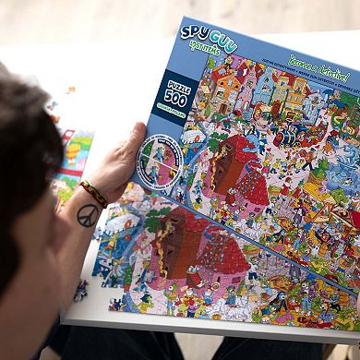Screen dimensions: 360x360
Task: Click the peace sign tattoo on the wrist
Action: coord(89,216)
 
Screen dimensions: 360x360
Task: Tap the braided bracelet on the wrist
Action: coord(93,192)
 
